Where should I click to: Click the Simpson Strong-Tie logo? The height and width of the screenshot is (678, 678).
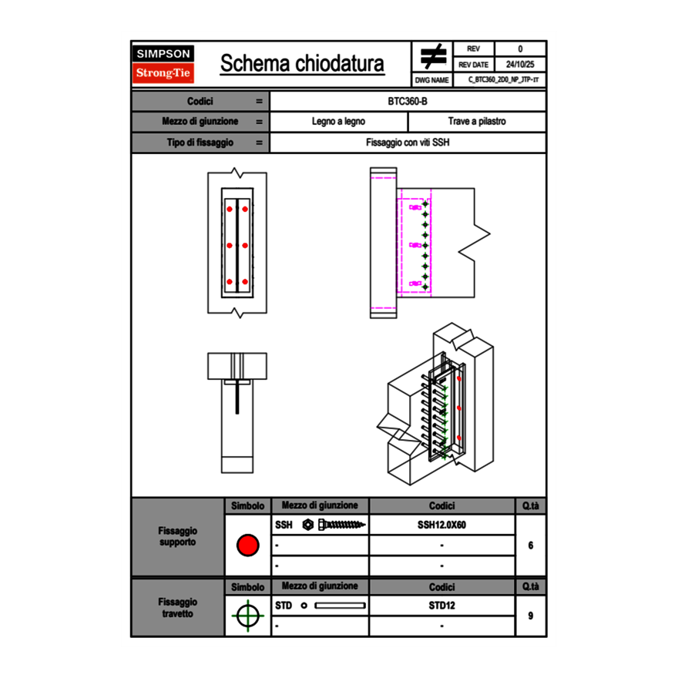[163, 64]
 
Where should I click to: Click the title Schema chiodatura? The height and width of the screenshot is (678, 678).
[302, 64]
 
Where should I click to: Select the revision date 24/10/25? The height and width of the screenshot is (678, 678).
[520, 65]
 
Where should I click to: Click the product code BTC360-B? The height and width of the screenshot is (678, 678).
[408, 101]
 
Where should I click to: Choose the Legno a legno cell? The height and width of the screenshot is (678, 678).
[338, 122]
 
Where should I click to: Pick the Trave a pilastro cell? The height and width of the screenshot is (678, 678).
[477, 122]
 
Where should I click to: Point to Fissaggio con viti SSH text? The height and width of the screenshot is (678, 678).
[408, 143]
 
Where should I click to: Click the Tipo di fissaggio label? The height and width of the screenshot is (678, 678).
[200, 143]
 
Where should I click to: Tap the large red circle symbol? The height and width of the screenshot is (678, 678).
[247, 545]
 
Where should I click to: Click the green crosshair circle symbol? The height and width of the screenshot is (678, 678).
[247, 616]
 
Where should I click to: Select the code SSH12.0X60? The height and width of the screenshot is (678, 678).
[441, 525]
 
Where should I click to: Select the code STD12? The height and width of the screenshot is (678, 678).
[441, 606]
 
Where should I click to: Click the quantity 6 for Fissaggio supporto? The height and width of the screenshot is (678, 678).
[531, 545]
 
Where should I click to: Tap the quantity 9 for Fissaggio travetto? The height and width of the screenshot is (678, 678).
[531, 616]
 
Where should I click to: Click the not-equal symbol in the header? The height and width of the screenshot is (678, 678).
[433, 56]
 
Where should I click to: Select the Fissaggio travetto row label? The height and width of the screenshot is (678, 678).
[177, 608]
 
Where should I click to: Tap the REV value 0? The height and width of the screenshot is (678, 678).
[520, 49]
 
